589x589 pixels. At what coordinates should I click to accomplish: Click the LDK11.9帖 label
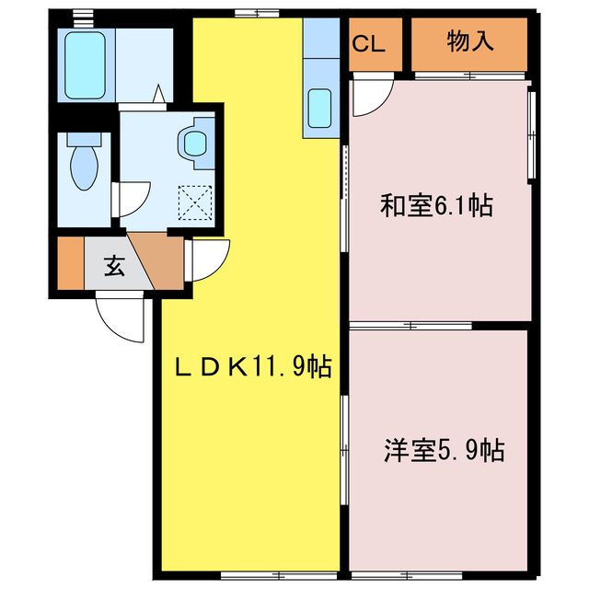pyautogui.click(x=252, y=367)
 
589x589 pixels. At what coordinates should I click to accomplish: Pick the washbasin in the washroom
pyautogui.click(x=195, y=143)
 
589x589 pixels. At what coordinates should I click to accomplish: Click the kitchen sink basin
pyautogui.click(x=320, y=109)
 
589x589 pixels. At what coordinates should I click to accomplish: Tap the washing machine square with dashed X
pyautogui.click(x=195, y=202)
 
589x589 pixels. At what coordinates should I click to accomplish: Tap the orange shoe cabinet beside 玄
pyautogui.click(x=70, y=265)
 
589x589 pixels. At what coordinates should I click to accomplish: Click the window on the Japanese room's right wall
pyautogui.click(x=530, y=132)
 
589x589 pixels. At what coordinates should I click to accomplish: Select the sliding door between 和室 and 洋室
pyautogui.click(x=410, y=325)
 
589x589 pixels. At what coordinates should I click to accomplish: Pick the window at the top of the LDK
pyautogui.click(x=255, y=13)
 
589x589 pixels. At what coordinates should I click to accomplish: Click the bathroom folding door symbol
pyautogui.click(x=157, y=95)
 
